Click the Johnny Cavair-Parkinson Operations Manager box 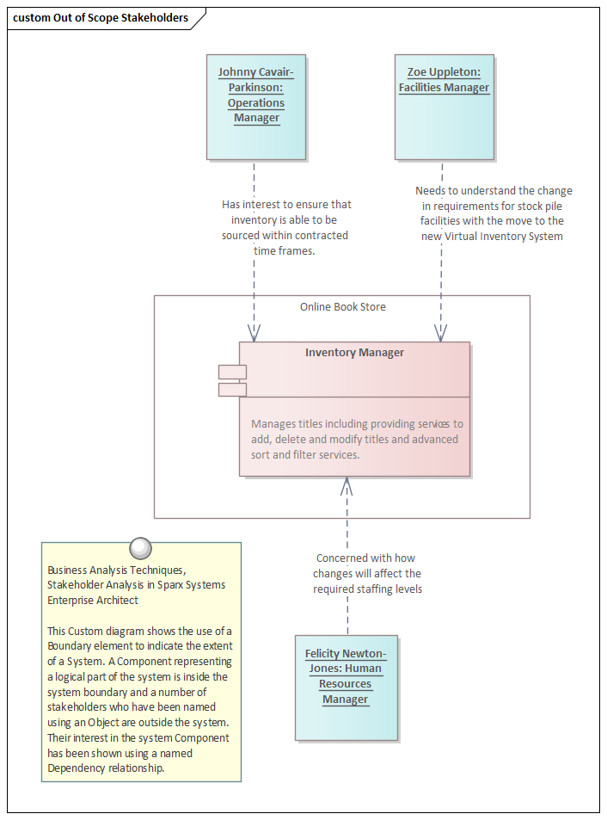pyautogui.click(x=256, y=107)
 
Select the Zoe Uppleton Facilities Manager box pyautogui.click(x=444, y=107)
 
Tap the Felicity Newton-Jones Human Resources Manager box pyautogui.click(x=346, y=687)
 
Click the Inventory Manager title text pyautogui.click(x=354, y=353)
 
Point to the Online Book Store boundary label pyautogui.click(x=342, y=307)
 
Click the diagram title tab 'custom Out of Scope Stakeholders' pyautogui.click(x=101, y=18)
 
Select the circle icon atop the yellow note pyautogui.click(x=139, y=547)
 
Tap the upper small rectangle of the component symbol pyautogui.click(x=232, y=372)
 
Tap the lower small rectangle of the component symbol pyautogui.click(x=232, y=390)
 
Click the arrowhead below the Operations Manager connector pyautogui.click(x=254, y=333)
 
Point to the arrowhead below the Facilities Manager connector pyautogui.click(x=441, y=333)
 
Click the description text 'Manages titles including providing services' pyautogui.click(x=357, y=423)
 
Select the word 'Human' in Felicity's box pyautogui.click(x=365, y=669)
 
